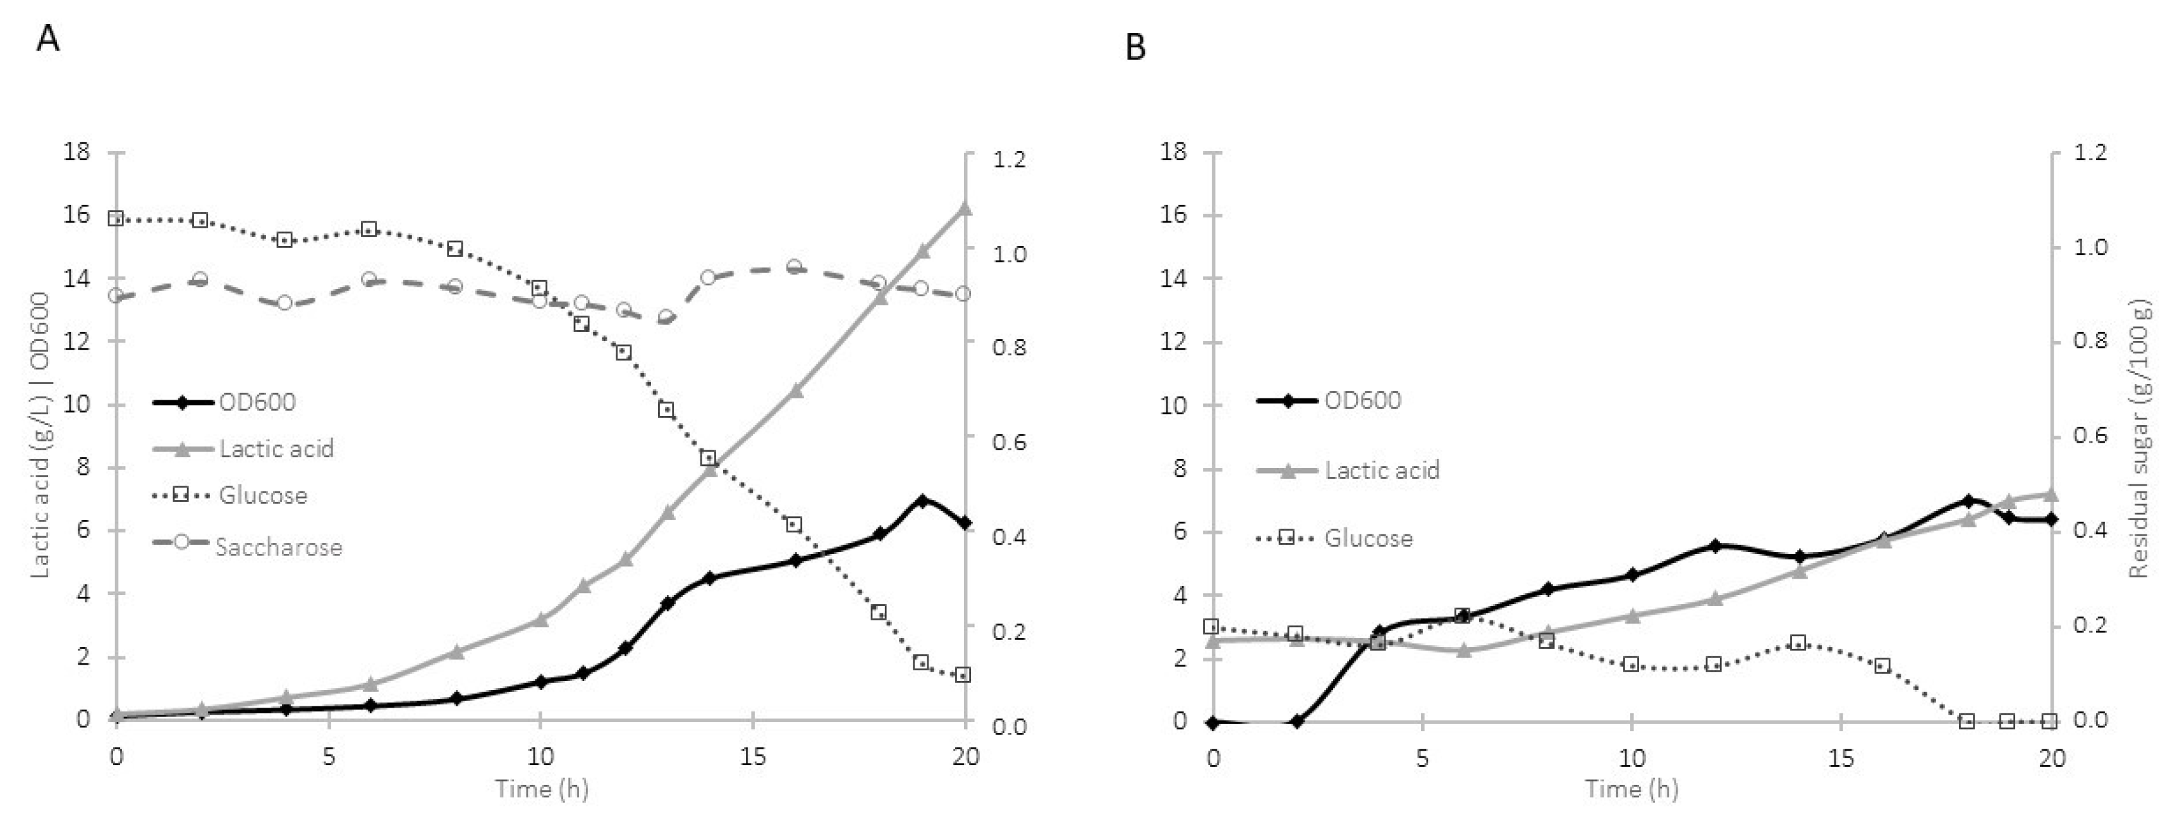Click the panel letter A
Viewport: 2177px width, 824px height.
click(48, 39)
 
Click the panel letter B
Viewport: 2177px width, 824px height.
click(1136, 47)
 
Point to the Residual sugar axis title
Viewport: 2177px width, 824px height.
click(2138, 440)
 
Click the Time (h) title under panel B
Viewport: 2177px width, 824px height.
click(1631, 789)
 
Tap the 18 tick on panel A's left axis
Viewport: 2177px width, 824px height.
click(77, 152)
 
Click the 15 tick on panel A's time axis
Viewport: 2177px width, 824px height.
click(752, 756)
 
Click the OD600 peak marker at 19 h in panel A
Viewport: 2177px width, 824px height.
click(922, 500)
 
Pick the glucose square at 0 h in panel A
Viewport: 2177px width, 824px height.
click(116, 219)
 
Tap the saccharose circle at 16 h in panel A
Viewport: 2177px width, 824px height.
click(793, 267)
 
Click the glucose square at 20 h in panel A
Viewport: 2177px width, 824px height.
click(963, 674)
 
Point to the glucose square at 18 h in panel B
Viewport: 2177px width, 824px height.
click(1967, 721)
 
